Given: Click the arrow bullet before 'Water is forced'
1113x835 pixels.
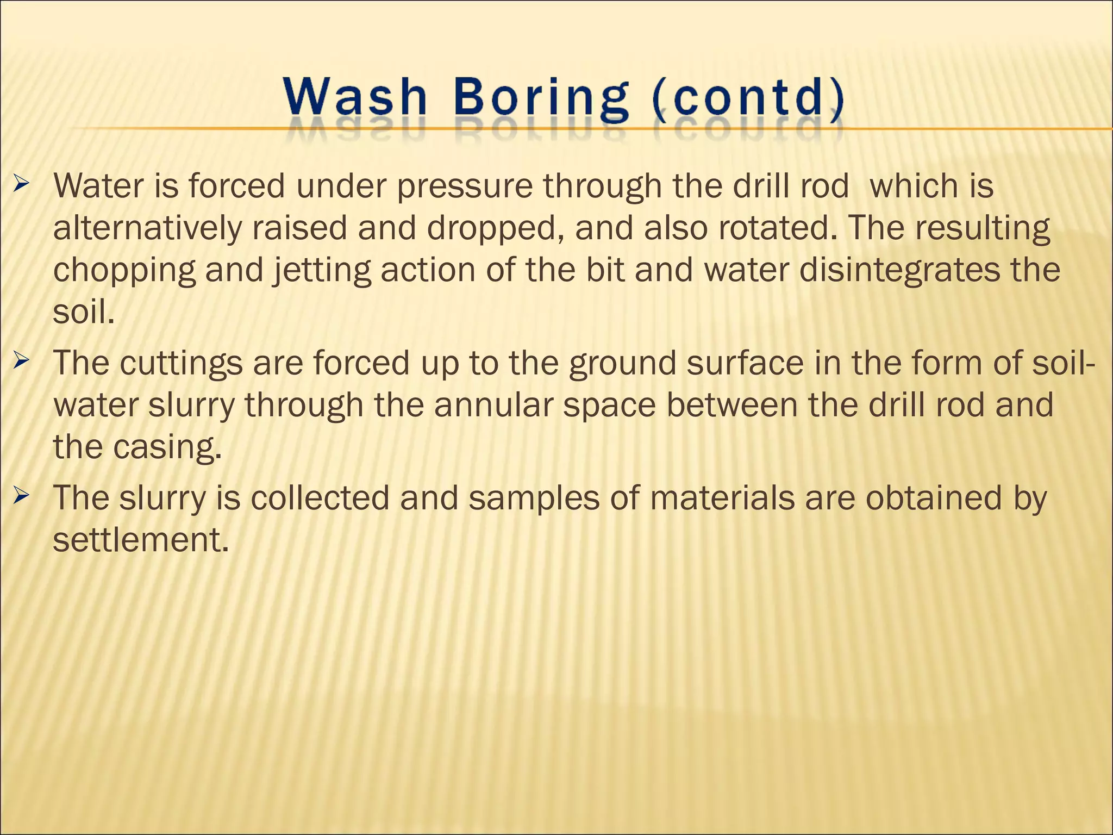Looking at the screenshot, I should coord(22,185).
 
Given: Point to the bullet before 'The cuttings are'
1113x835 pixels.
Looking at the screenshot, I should coord(22,360).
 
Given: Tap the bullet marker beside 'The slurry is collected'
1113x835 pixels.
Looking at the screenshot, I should coord(22,495).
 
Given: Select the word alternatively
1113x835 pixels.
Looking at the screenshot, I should coord(147,228).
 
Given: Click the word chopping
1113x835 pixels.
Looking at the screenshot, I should coord(124,270).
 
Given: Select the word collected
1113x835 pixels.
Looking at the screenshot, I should coord(320,497).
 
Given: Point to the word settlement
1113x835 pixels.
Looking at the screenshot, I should coord(140,540).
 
